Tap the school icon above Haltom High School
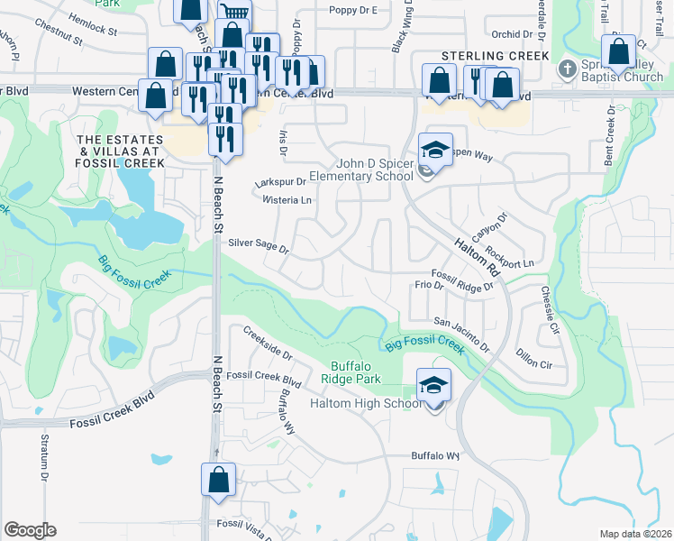pyautogui.click(x=433, y=386)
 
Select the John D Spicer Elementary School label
pyautogui.click(x=360, y=170)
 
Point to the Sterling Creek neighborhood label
pyautogui.click(x=495, y=56)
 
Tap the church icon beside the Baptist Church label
pyautogui.click(x=567, y=69)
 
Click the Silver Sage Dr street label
pyautogui.click(x=258, y=245)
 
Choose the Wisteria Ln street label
pyautogui.click(x=287, y=200)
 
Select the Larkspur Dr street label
pyautogui.click(x=280, y=182)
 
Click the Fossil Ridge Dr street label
pyautogui.click(x=463, y=280)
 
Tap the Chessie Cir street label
pyautogui.click(x=550, y=308)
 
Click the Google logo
pyautogui.click(x=30, y=530)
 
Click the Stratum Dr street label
pyautogui.click(x=44, y=456)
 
